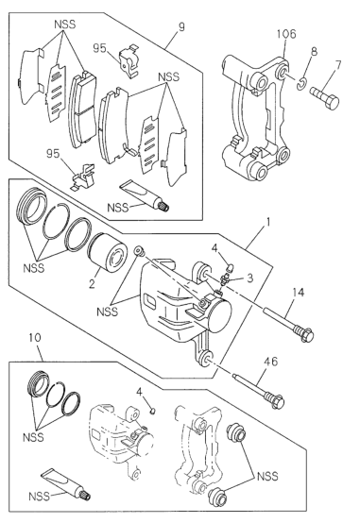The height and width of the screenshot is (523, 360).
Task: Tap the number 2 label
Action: (x=92, y=281)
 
